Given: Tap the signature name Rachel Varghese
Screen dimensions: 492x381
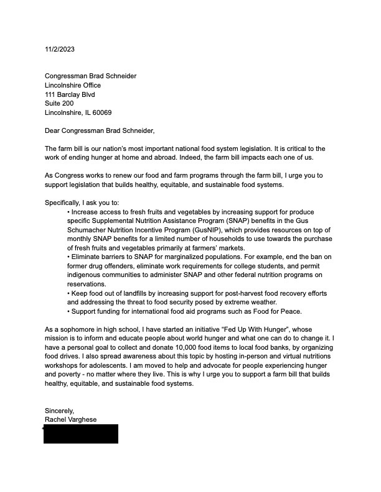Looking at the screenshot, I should (x=70, y=419).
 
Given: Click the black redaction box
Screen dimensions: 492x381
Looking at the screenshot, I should (x=80, y=434).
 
